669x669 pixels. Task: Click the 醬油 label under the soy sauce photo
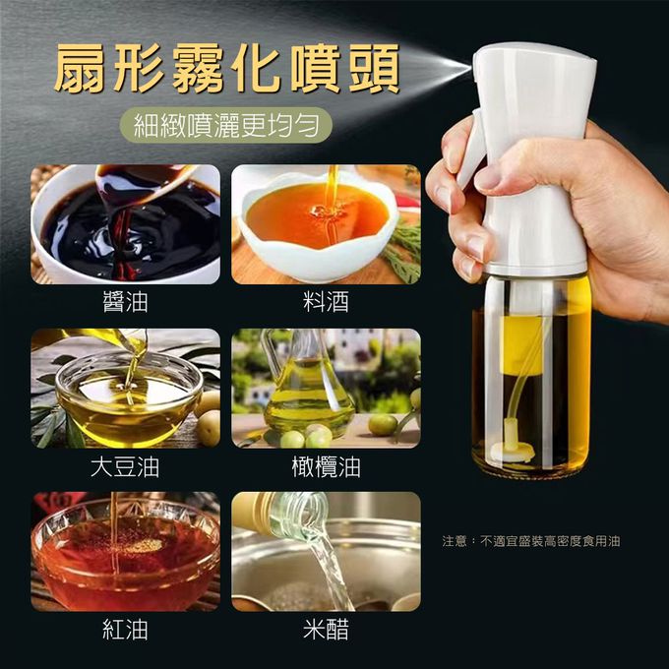click(126, 302)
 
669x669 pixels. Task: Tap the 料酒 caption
click(326, 302)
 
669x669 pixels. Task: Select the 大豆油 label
click(125, 466)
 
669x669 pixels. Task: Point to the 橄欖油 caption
click(326, 466)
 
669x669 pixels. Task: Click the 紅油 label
click(126, 630)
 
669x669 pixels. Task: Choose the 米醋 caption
click(326, 630)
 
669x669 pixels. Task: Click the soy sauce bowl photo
click(126, 224)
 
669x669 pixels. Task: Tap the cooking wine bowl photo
click(326, 224)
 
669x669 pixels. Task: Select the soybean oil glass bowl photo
click(126, 389)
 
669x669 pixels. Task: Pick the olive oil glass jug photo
click(326, 389)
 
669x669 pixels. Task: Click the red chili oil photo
click(126, 551)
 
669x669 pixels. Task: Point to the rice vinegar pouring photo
click(326, 551)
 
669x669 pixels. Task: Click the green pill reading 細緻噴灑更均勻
click(226, 125)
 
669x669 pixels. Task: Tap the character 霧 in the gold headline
click(199, 69)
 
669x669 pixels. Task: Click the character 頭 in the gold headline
click(375, 69)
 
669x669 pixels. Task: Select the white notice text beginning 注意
click(531, 541)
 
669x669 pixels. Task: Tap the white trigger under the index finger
click(473, 150)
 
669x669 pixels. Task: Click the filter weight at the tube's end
click(512, 451)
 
